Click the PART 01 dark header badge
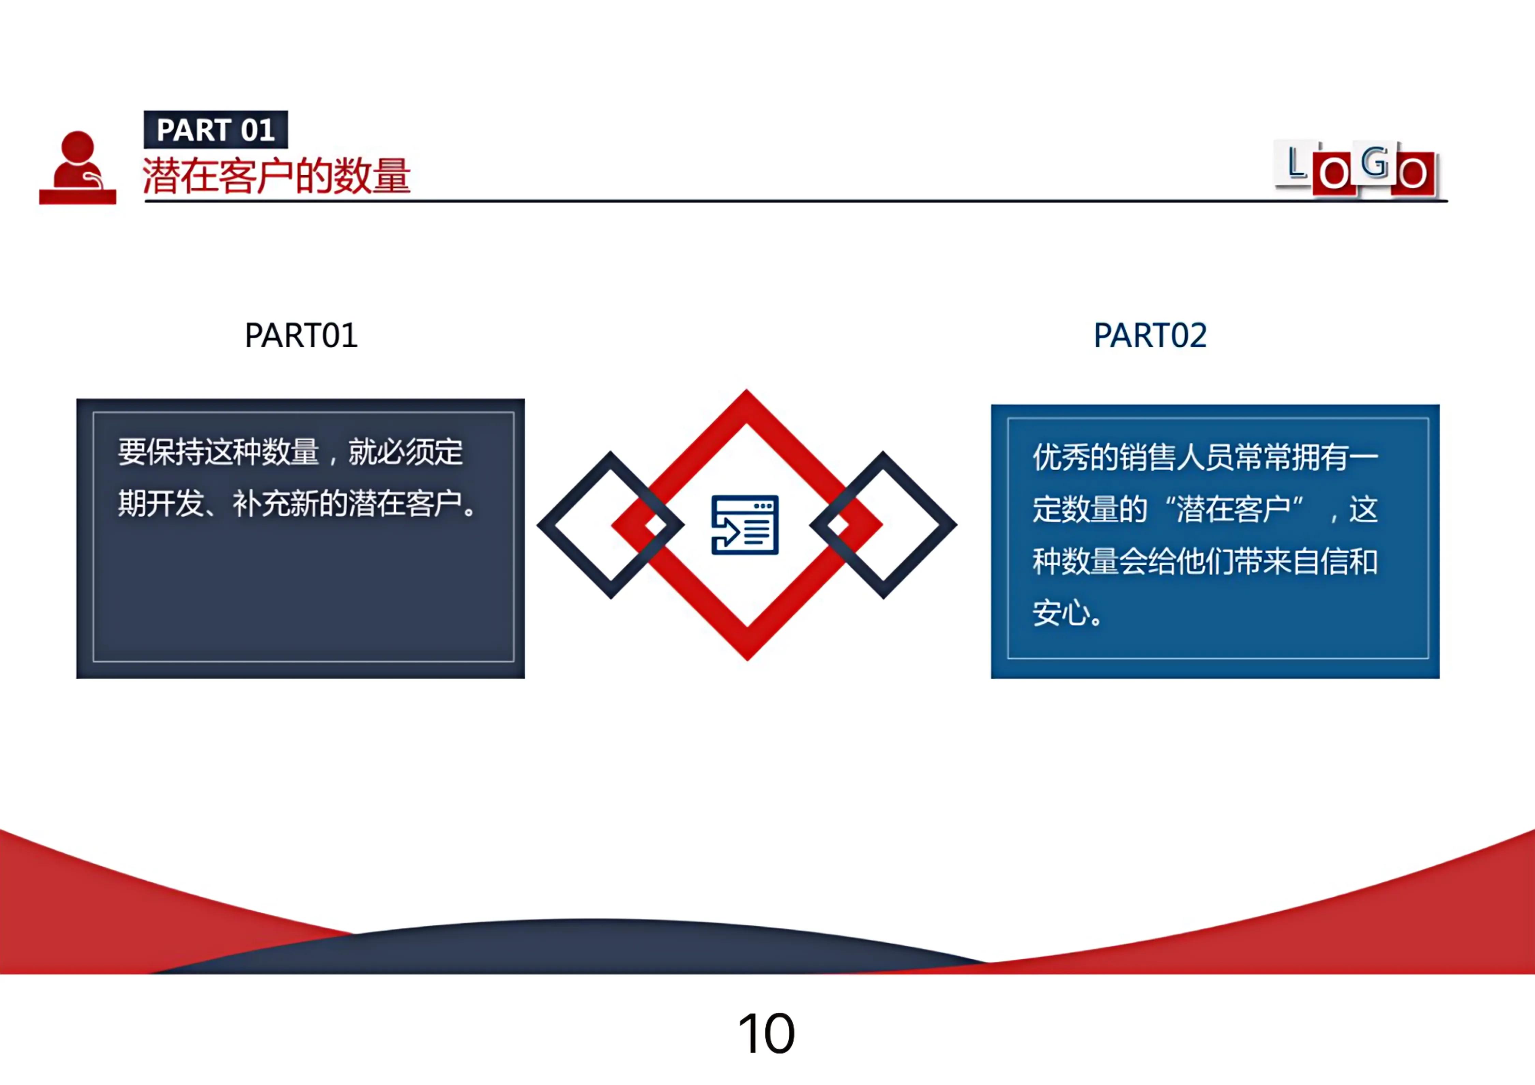[215, 130]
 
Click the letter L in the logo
[1296, 162]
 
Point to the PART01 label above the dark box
[301, 336]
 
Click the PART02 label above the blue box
[1150, 336]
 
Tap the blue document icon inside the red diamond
[745, 525]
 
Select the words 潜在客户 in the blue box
[1233, 509]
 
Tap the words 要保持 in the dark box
[160, 452]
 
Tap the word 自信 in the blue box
[1320, 562]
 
